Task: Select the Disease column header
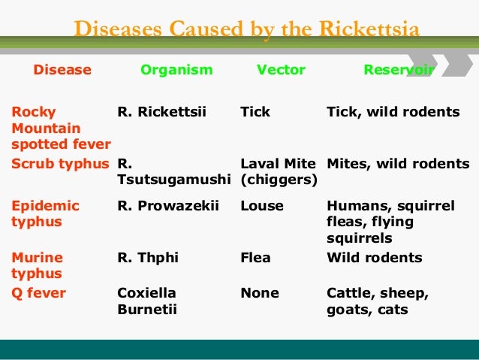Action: tap(62, 70)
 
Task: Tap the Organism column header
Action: tap(176, 70)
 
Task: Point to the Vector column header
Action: tap(281, 70)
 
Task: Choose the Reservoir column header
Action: tap(399, 70)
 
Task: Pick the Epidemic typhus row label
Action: tap(45, 213)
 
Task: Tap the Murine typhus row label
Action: tap(37, 265)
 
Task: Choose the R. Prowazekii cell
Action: tap(168, 205)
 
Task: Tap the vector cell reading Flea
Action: tap(256, 258)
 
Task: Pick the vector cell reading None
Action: tap(259, 293)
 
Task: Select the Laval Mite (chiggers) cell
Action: tap(279, 172)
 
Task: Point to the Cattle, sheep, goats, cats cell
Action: tap(378, 301)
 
